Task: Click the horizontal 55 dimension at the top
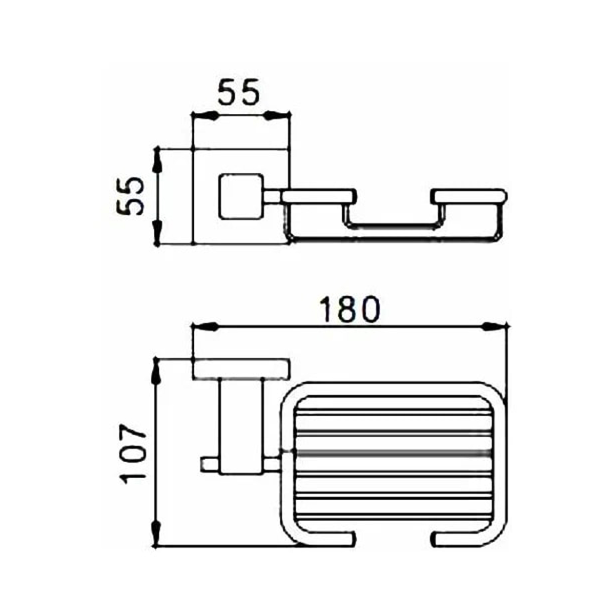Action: (x=240, y=93)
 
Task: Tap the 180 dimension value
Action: (x=350, y=309)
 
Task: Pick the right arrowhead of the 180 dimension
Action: (x=495, y=326)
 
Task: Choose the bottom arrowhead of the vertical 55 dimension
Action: (x=158, y=233)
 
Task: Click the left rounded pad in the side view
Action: (x=318, y=196)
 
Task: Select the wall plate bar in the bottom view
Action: (x=241, y=370)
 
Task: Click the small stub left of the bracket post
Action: (x=209, y=464)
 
